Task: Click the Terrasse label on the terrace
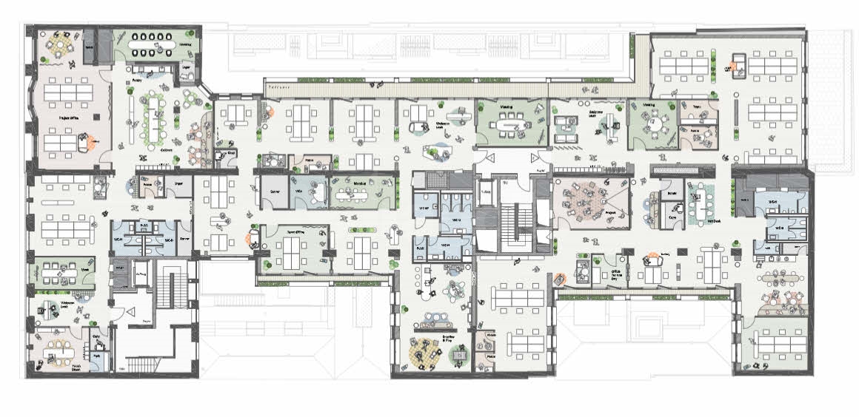(278, 87)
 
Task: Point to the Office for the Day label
(615, 274)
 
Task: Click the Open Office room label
(297, 232)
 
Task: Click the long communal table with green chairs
(156, 118)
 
